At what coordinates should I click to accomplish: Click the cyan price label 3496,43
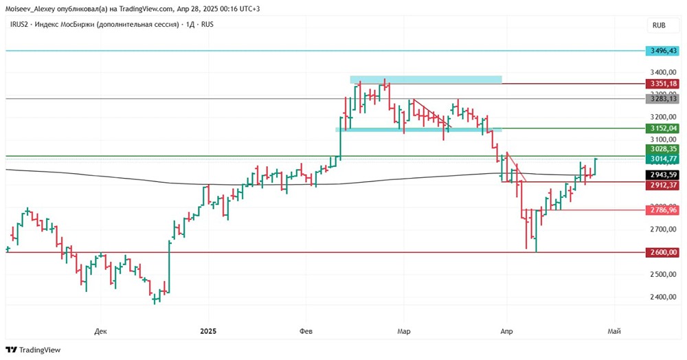[x=662, y=51]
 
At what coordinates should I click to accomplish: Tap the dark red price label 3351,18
[x=662, y=84]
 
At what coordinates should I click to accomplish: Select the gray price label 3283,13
[x=662, y=98]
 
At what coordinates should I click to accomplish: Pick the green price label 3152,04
[x=662, y=128]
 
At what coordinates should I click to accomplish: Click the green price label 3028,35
[x=662, y=148]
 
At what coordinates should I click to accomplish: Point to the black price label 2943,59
[x=662, y=175]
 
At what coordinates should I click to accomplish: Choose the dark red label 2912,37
[x=662, y=185]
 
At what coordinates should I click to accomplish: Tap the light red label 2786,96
[x=662, y=210]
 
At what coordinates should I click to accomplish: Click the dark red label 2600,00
[x=662, y=252]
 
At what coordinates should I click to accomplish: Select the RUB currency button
[x=659, y=25]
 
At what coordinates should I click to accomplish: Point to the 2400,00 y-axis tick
[x=663, y=297]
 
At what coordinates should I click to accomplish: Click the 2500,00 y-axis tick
[x=663, y=275]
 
